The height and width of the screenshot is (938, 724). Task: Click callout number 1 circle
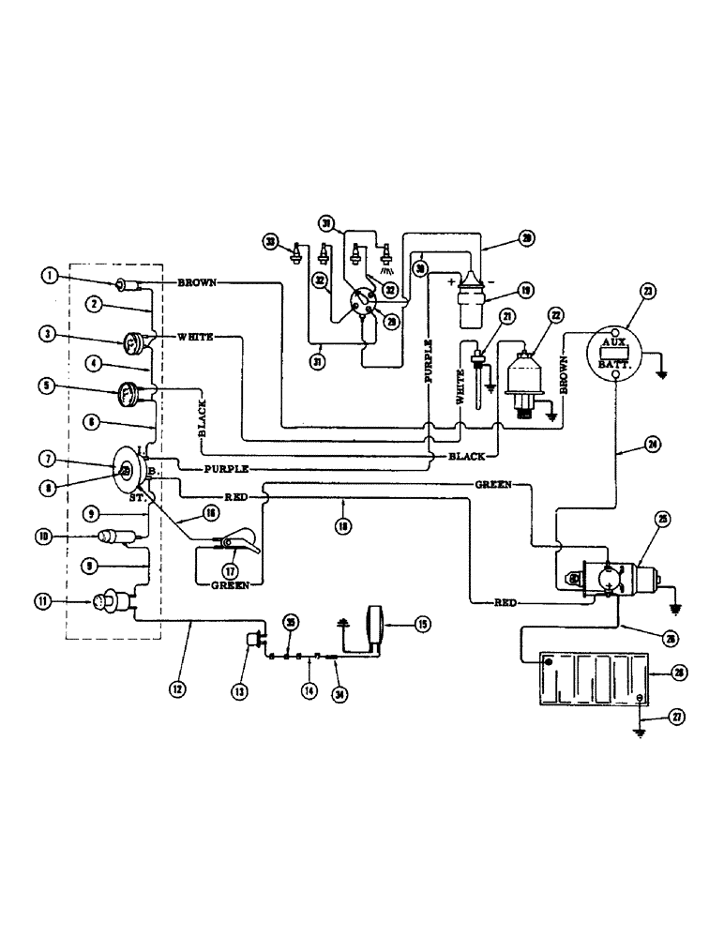click(50, 275)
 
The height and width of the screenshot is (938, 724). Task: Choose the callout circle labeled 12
click(178, 688)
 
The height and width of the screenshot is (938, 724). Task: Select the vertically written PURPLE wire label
click(429, 358)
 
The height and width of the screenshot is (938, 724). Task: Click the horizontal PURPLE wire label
click(224, 466)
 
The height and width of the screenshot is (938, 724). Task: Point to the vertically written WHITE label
click(460, 385)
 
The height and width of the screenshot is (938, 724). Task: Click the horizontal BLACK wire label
click(466, 457)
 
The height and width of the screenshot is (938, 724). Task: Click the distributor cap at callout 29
click(358, 303)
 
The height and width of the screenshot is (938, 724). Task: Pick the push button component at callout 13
click(252, 641)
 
